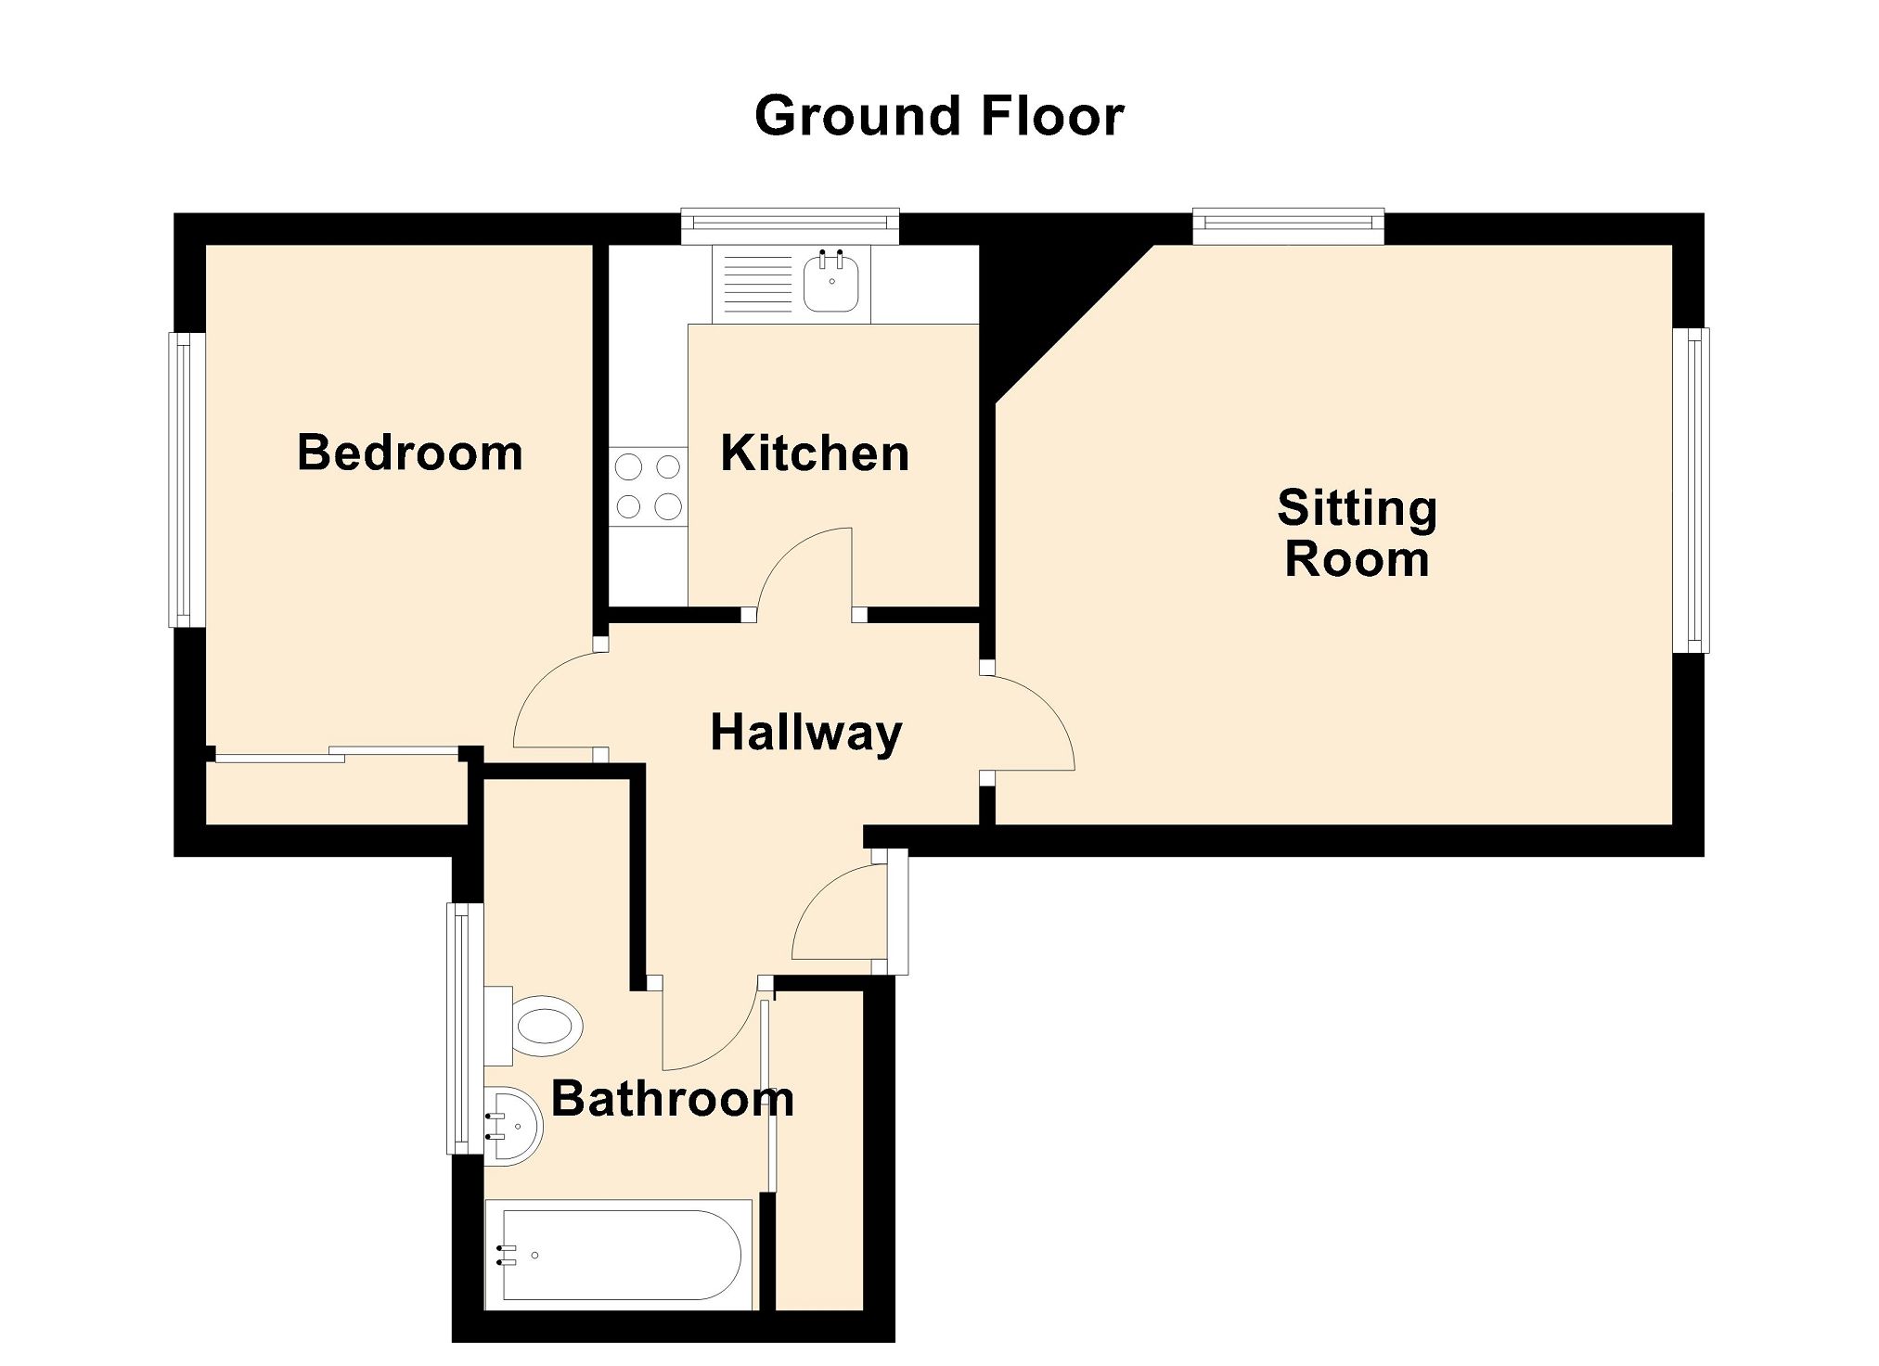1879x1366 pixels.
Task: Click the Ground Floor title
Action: click(x=939, y=117)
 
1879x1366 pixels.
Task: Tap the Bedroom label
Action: click(x=410, y=453)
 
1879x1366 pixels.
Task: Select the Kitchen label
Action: click(x=815, y=453)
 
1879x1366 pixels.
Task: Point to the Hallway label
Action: click(x=806, y=734)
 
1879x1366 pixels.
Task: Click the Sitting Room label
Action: click(x=1357, y=533)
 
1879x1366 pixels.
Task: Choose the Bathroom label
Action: click(x=673, y=1099)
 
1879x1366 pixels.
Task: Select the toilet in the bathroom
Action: click(x=534, y=1026)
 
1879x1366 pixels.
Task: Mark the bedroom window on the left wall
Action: click(x=187, y=479)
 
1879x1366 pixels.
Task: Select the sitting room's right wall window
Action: click(x=1691, y=491)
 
